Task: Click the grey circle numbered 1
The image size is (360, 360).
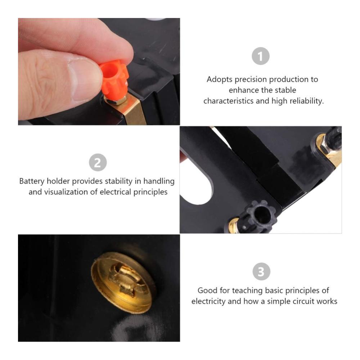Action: point(261,56)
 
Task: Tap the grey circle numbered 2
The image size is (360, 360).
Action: point(98,162)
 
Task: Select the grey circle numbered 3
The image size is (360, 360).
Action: point(261,271)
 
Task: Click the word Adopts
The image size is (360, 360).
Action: point(220,80)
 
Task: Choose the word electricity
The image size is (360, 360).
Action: point(208,301)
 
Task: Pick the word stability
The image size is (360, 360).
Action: point(118,181)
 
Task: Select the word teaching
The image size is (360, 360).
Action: point(247,291)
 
